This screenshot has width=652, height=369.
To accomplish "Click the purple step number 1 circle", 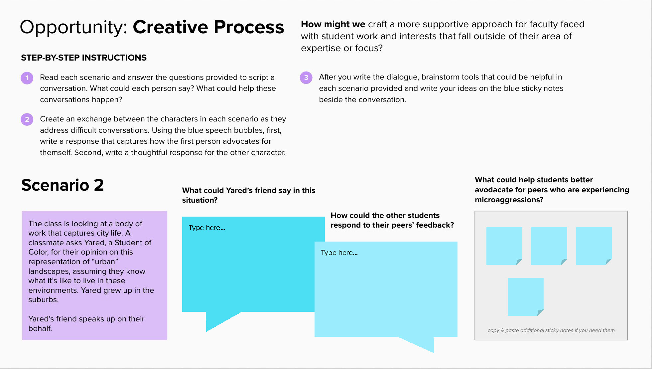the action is pos(27,78).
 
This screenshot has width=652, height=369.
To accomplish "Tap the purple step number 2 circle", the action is pos(27,119).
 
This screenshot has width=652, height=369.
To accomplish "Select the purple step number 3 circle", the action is pos(306,78).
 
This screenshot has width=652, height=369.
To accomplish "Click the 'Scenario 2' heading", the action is pos(63,185).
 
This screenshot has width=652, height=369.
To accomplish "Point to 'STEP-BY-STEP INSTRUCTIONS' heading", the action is pos(84,58).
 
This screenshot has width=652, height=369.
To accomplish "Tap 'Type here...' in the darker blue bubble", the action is pos(207,228).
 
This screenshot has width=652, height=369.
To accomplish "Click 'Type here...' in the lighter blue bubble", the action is pos(339,253).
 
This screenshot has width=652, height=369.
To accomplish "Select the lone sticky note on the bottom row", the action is pos(525,297).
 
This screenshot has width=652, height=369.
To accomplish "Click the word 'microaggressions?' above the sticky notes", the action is pos(509,200).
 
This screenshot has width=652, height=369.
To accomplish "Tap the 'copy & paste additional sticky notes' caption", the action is pos(551,330).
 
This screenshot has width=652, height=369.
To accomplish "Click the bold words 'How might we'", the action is pos(333,24).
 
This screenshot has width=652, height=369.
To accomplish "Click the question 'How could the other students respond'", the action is pos(392,220).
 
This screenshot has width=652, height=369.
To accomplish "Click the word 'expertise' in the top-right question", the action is pos(321,49).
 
